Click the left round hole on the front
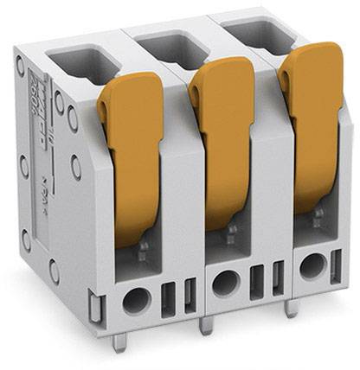coord(136,300)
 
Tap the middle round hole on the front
coord(226,282)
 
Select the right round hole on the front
coord(312,266)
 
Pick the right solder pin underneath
coord(292,307)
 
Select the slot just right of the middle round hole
coord(256,278)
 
